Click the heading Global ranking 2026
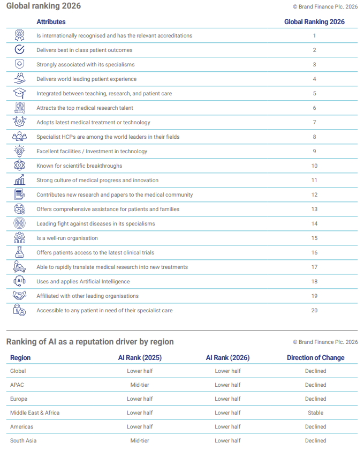44,6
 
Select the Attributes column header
51,22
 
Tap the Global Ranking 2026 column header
314,22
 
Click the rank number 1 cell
314,36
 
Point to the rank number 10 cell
314,166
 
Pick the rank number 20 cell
314,311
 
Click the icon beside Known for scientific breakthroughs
19,166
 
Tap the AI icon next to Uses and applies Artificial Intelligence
19,281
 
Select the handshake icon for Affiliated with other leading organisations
19,296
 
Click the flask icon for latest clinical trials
19,252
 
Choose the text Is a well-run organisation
67,238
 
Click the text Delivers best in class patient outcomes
84,50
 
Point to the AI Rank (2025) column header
140,358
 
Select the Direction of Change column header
315,358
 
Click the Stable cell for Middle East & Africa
315,413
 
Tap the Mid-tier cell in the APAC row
140,385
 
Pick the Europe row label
19,399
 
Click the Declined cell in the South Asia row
315,441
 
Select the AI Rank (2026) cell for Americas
227,427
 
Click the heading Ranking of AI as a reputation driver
90,342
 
